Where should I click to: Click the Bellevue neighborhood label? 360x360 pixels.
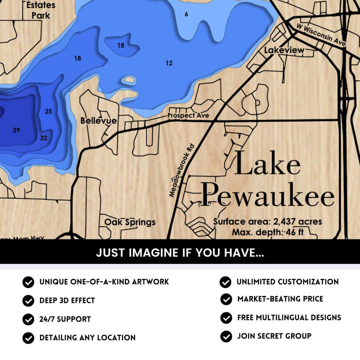(x=98, y=121)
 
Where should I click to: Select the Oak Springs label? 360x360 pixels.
(x=130, y=222)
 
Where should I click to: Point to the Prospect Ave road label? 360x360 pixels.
(x=188, y=115)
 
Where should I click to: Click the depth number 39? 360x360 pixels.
(x=16, y=130)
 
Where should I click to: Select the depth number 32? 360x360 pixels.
(x=43, y=138)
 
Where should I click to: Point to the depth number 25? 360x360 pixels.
(x=48, y=111)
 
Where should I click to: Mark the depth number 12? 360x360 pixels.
(x=169, y=63)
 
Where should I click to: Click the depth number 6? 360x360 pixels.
(x=186, y=14)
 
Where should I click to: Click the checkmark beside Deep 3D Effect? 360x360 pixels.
(x=28, y=301)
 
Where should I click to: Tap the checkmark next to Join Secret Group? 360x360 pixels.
(x=226, y=336)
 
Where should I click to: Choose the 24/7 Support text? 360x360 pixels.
(x=65, y=319)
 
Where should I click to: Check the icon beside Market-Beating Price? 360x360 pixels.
(x=226, y=299)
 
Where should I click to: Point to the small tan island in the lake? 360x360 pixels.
(x=129, y=80)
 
